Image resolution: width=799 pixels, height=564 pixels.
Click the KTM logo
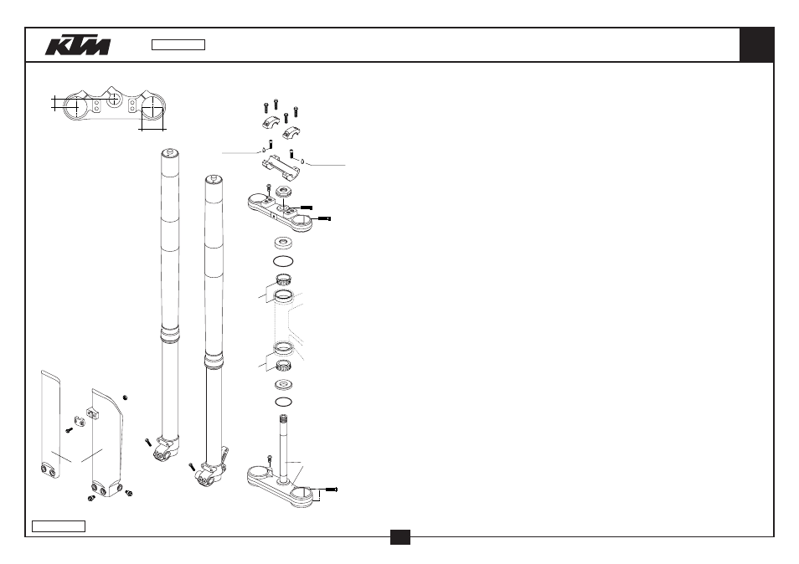tap(77, 45)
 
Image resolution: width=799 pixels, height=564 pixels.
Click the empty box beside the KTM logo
tap(178, 45)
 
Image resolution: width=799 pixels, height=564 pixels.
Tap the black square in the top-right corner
tap(757, 45)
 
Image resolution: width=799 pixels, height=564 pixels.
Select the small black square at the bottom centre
tap(400, 537)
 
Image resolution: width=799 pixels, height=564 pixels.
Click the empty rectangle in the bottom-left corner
tap(59, 526)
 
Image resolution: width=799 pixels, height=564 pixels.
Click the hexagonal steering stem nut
tap(283, 192)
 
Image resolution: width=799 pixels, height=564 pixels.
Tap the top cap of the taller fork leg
tap(170, 152)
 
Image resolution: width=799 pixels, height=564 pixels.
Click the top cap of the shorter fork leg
tap(214, 180)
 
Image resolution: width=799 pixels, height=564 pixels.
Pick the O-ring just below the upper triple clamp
tap(283, 261)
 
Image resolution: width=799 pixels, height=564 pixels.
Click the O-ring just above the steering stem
tap(283, 402)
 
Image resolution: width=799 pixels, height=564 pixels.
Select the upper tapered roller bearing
tap(283, 279)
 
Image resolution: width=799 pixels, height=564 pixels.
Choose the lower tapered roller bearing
tap(283, 365)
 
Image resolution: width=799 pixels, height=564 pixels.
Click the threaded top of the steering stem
tap(283, 419)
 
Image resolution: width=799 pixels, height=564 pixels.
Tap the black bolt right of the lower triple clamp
tap(331, 490)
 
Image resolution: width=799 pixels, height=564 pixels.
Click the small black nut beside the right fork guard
tap(126, 397)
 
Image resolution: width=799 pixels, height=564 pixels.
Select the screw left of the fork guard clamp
tap(70, 431)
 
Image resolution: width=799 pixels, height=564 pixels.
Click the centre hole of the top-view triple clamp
tap(114, 100)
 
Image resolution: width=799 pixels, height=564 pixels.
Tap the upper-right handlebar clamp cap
tap(291, 133)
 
